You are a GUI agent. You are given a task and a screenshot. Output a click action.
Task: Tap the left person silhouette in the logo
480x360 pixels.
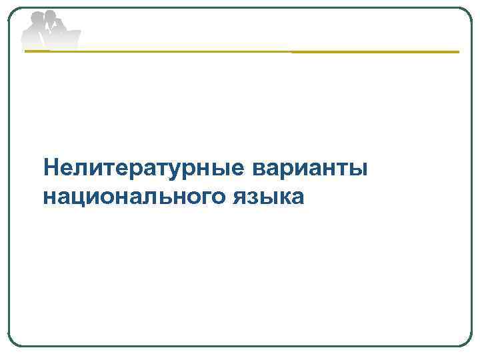click(x=35, y=30)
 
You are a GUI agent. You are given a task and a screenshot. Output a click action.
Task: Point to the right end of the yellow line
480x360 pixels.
click(x=458, y=51)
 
